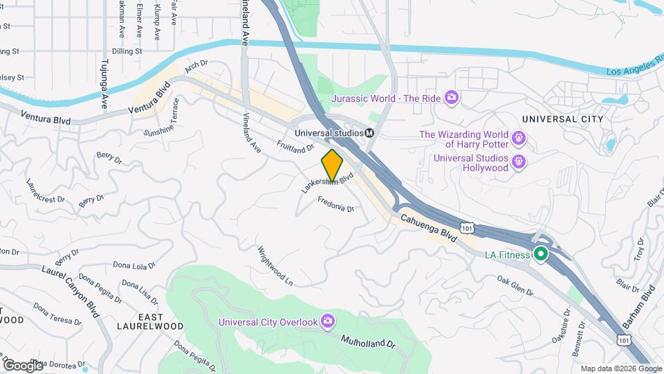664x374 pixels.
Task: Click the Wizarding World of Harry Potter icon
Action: pos(519,140)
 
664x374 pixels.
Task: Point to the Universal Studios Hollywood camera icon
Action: pos(519,163)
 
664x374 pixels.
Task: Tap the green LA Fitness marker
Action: pos(540,255)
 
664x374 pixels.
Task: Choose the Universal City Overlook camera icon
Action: pos(327,321)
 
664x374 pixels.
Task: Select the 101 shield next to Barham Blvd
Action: pos(623,340)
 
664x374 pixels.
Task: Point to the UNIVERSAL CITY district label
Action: pos(562,119)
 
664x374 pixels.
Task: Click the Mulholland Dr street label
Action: pos(367,342)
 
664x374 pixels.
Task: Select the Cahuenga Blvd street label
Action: pos(428,228)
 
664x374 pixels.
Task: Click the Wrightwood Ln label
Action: pos(275,267)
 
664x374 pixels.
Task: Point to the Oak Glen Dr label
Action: pos(515,284)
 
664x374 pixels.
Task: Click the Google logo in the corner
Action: pos(22,365)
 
